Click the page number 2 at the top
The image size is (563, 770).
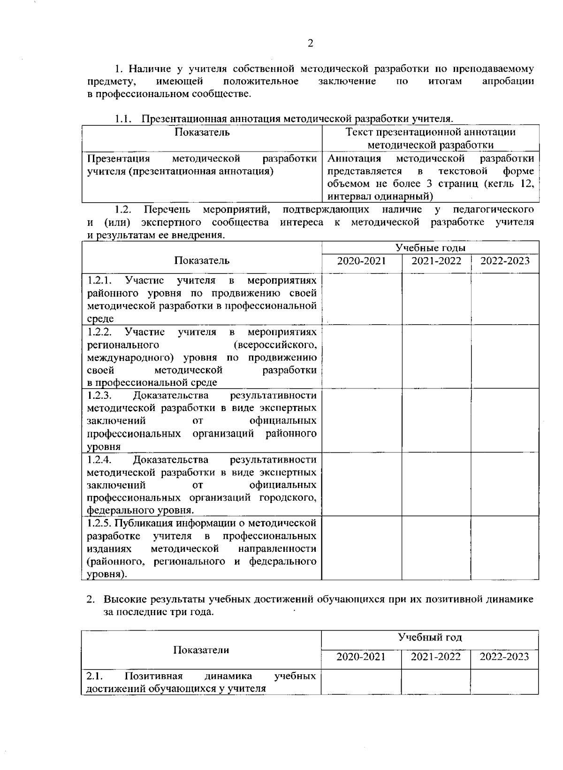tap(310, 44)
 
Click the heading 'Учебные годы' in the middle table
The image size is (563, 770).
tap(430, 248)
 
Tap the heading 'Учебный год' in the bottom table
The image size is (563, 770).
tap(430, 637)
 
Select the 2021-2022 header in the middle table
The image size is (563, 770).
tap(436, 261)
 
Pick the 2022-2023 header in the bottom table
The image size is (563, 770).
tap(504, 656)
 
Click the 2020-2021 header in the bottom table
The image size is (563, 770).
tap(361, 656)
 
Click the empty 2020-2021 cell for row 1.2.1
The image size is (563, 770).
tap(362, 299)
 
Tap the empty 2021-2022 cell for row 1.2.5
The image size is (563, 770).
tap(436, 548)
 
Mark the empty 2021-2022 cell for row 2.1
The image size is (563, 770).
tap(436, 682)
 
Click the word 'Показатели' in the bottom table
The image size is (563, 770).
tap(201, 650)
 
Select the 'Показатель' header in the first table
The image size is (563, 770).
tap(202, 132)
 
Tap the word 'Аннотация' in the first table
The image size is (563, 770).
tap(354, 158)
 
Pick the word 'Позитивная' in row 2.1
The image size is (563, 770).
tap(154, 676)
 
